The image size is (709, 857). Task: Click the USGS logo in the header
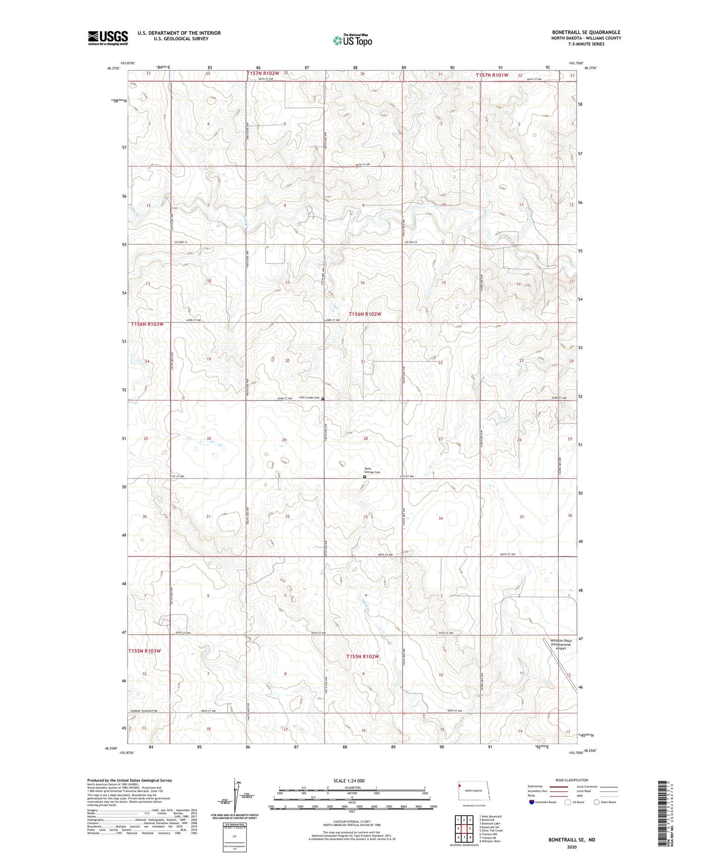click(x=108, y=38)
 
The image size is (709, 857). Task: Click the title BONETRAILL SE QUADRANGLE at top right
click(x=586, y=32)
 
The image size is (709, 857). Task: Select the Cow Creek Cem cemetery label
click(x=309, y=398)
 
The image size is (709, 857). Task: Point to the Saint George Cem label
click(x=371, y=470)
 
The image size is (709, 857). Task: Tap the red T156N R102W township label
click(x=365, y=314)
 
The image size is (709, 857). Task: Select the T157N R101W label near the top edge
click(x=499, y=75)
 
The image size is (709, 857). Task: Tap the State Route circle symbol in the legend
click(x=597, y=802)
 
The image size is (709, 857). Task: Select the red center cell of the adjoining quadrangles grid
click(x=464, y=829)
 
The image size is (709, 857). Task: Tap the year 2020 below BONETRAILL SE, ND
click(x=571, y=847)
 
